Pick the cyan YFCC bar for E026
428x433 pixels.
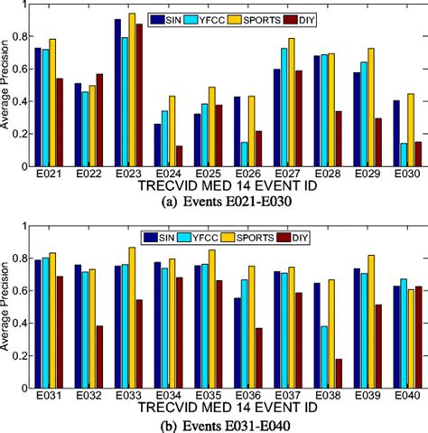coord(245,154)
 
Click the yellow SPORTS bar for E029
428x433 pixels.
coord(370,108)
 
